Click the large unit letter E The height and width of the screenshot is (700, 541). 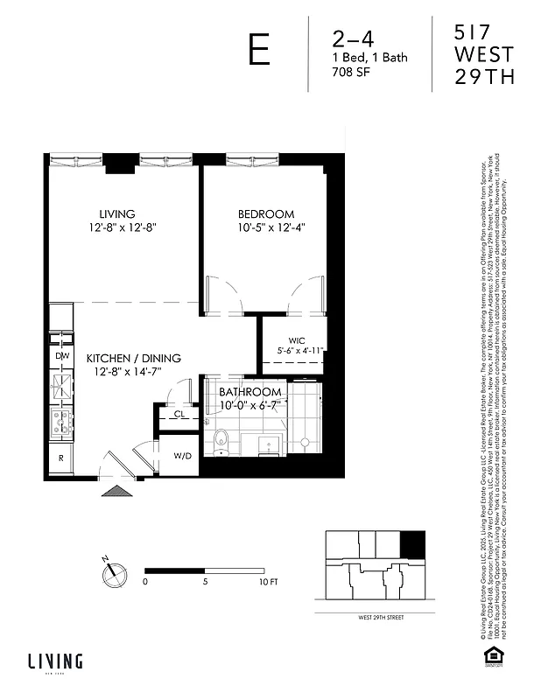pos(259,52)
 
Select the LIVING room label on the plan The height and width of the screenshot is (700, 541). pos(116,214)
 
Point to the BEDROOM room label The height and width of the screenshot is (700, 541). pos(266,214)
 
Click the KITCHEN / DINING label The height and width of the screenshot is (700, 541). pos(133,359)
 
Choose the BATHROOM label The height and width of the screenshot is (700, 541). pos(250,392)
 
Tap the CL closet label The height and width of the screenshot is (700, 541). pos(179,414)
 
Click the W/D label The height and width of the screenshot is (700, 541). pos(183,455)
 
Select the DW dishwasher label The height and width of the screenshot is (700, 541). pos(62,356)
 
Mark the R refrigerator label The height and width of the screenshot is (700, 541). pos(61,458)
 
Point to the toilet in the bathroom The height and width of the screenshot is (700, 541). pos(222,438)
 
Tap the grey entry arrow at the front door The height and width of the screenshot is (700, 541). pos(115,492)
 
